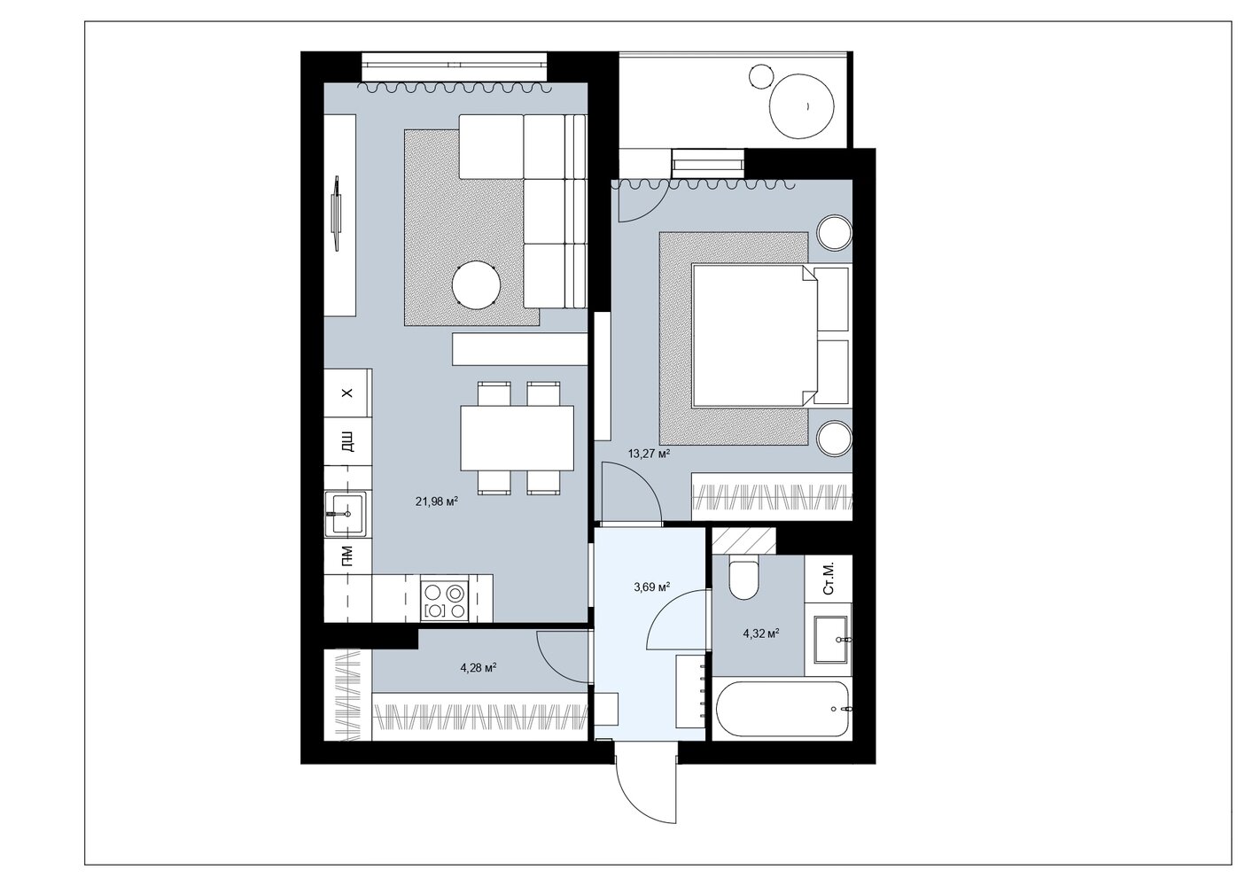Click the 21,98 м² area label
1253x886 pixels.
click(437, 501)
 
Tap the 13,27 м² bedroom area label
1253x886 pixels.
click(649, 453)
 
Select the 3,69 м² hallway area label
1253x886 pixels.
click(652, 587)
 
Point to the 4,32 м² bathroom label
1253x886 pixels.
click(761, 633)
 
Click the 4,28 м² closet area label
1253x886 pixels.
click(479, 667)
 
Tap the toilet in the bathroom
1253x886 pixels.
click(744, 578)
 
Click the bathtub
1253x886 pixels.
click(783, 710)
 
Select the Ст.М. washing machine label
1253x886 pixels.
click(829, 578)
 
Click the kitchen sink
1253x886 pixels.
click(346, 514)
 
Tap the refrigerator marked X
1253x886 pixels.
click(348, 392)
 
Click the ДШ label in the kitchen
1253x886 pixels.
click(347, 441)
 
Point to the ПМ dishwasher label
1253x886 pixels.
click(347, 555)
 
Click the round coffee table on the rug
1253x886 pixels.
click(476, 285)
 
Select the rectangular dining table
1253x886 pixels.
click(517, 438)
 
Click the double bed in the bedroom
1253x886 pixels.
click(754, 336)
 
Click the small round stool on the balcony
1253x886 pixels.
click(760, 76)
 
